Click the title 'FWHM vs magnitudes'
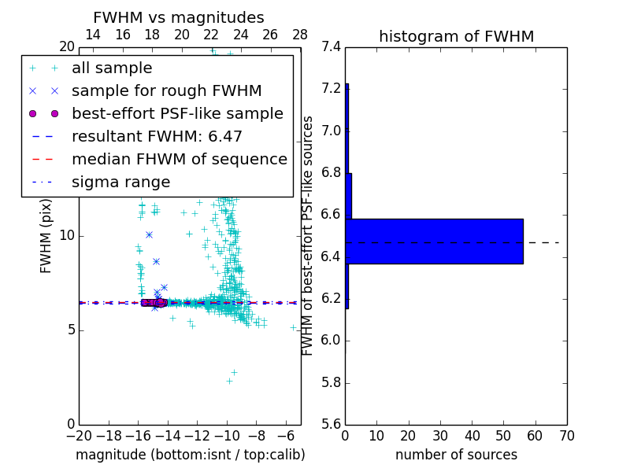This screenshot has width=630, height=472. pyautogui.click(x=179, y=17)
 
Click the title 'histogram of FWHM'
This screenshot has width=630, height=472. pyautogui.click(x=456, y=36)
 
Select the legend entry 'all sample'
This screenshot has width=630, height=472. pyautogui.click(x=112, y=68)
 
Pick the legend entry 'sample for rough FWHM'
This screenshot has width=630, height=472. pyautogui.click(x=166, y=90)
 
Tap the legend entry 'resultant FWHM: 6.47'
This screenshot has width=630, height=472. pyautogui.click(x=157, y=136)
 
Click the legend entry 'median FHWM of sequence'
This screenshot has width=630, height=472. pyautogui.click(x=179, y=159)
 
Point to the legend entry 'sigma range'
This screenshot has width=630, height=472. pyautogui.click(x=120, y=182)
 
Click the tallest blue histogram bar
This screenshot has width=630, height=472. pyautogui.click(x=434, y=242)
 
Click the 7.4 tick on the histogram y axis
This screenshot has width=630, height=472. pyautogui.click(x=331, y=46)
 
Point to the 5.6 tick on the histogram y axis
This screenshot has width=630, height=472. pyautogui.click(x=331, y=425)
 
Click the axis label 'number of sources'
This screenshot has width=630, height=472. pyautogui.click(x=456, y=455)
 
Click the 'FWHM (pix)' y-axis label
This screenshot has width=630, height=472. pyautogui.click(x=46, y=235)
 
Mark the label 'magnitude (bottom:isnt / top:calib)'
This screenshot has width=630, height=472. pyautogui.click(x=190, y=455)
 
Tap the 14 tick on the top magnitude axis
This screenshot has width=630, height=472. pyautogui.click(x=93, y=35)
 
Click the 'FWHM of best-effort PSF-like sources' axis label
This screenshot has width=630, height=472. pyautogui.click(x=309, y=235)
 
